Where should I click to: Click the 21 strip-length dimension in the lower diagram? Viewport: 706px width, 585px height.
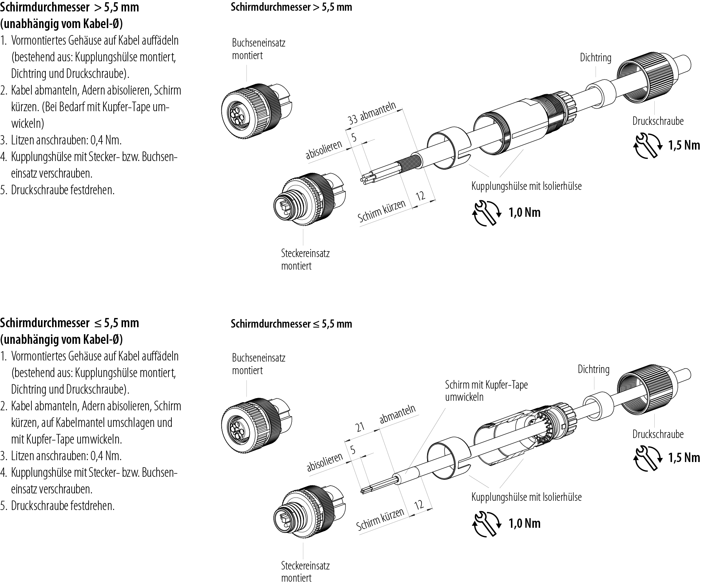(360, 427)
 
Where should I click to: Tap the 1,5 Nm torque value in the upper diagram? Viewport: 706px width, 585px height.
(684, 145)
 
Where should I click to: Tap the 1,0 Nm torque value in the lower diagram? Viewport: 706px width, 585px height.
(525, 523)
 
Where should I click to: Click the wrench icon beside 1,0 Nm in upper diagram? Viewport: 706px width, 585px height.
(487, 213)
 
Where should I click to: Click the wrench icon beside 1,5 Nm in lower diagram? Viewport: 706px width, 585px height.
(647, 458)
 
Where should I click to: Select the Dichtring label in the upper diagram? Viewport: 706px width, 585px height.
(596, 58)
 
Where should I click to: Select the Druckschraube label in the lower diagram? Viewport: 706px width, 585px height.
(658, 434)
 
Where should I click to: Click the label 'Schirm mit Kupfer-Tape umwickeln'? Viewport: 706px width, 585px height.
(486, 391)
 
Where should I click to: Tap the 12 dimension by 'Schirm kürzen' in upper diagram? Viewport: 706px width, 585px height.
(421, 196)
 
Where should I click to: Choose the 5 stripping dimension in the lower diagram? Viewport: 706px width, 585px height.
(353, 450)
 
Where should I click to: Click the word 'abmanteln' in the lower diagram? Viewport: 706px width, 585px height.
(398, 413)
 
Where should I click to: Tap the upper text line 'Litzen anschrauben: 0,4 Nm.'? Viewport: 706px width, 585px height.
(66, 140)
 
